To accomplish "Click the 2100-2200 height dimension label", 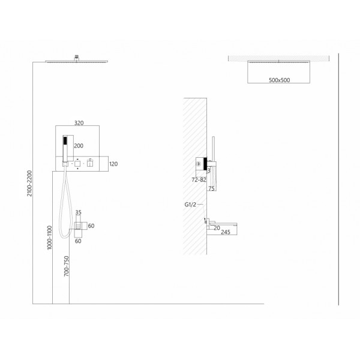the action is click(29, 183).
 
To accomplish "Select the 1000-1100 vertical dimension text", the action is click(49, 238).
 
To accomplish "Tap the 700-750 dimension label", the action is click(67, 266).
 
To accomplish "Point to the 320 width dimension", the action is click(79, 123).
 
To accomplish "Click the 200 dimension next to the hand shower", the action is click(79, 146).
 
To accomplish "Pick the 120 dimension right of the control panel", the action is click(113, 164).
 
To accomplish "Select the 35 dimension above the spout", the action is click(78, 212).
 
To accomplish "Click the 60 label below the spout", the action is click(78, 241).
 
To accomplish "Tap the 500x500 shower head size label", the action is click(279, 80).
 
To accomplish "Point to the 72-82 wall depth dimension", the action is click(199, 180).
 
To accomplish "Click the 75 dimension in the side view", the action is click(211, 188).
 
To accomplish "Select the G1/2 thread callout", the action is click(190, 205).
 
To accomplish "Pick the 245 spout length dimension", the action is click(226, 232).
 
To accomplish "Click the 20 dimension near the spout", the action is click(217, 228).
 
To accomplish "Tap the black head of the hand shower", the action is click(65, 140).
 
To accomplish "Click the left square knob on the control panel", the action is click(77, 164).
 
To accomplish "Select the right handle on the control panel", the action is click(90, 163).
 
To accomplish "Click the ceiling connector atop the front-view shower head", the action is click(76, 58).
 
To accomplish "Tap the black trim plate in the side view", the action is click(205, 164).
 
